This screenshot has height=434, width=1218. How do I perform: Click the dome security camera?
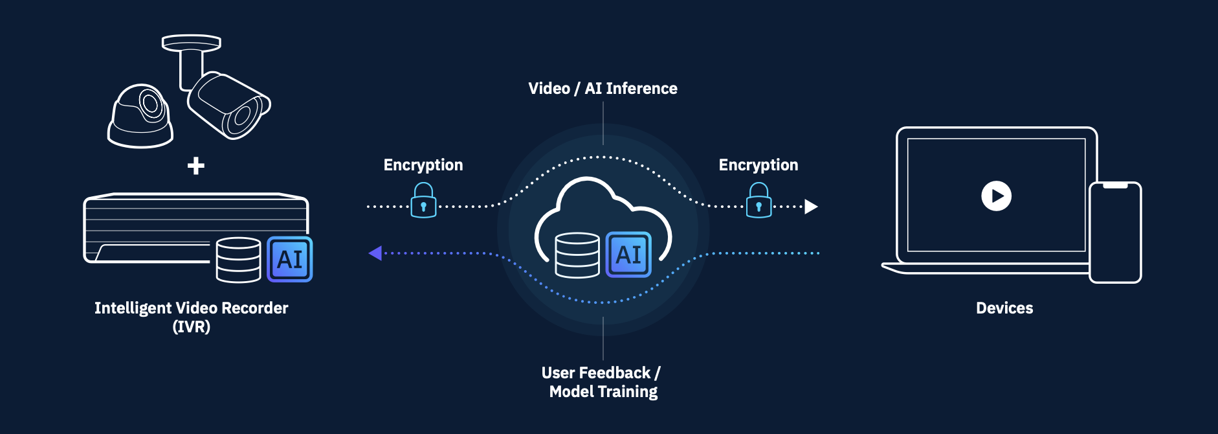pyautogui.click(x=140, y=117)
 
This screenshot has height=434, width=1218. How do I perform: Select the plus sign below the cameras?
pyautogui.click(x=196, y=166)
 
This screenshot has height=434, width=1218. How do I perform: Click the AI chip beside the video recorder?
pyautogui.click(x=290, y=259)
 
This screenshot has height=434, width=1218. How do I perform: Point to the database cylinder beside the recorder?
pyautogui.click(x=238, y=260)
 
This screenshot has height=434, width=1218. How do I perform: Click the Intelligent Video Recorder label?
pyautogui.click(x=192, y=308)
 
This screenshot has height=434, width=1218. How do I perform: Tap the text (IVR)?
pyautogui.click(x=192, y=327)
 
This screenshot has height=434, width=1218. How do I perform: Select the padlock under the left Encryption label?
pyautogui.click(x=424, y=201)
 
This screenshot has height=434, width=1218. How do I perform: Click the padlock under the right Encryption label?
pyautogui.click(x=759, y=201)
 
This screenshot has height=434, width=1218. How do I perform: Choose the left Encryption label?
pyautogui.click(x=423, y=165)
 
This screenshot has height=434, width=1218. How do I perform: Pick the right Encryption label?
pyautogui.click(x=758, y=165)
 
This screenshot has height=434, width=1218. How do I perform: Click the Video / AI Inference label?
pyautogui.click(x=603, y=89)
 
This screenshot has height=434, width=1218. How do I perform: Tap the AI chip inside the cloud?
pyautogui.click(x=628, y=255)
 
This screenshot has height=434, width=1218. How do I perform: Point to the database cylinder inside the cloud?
pyautogui.click(x=577, y=255)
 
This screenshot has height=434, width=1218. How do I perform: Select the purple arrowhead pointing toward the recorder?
pyautogui.click(x=375, y=253)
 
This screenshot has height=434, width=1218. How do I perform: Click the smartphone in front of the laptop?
pyautogui.click(x=1115, y=233)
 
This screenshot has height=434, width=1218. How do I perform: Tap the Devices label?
pyautogui.click(x=1004, y=308)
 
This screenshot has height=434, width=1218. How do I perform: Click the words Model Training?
pyautogui.click(x=603, y=393)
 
